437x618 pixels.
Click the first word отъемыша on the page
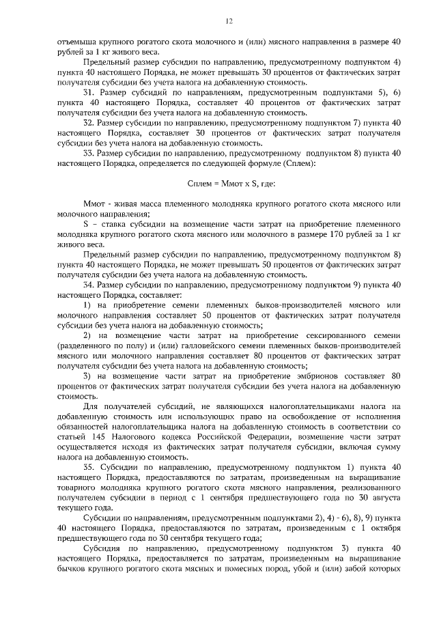pos(79,41)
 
